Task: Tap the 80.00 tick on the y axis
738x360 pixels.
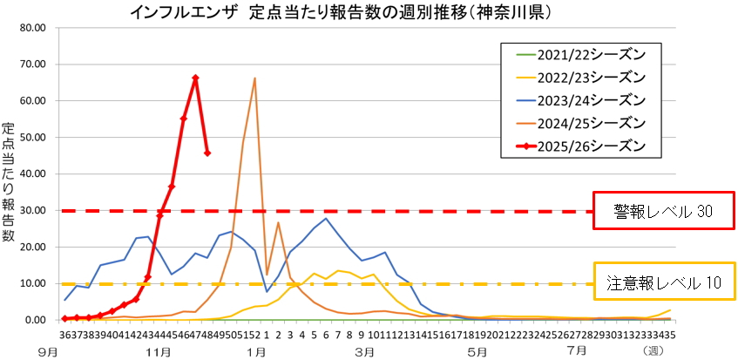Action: (32, 27)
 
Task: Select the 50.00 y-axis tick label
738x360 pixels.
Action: (32, 137)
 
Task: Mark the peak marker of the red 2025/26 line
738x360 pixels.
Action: (195, 78)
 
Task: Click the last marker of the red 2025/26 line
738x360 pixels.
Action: (207, 153)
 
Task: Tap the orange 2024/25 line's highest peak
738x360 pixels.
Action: (254, 78)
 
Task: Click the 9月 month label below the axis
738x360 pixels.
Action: (49, 352)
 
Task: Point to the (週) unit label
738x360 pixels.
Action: (653, 352)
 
